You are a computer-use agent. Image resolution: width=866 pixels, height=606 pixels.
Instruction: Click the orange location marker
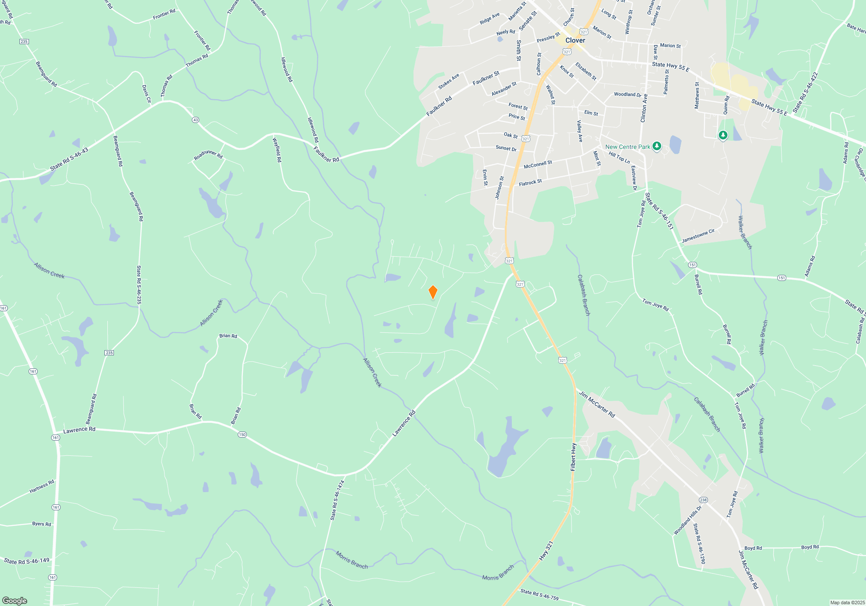click(x=433, y=292)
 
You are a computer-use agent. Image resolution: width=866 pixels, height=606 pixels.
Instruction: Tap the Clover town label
click(x=575, y=40)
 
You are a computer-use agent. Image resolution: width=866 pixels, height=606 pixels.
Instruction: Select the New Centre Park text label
click(x=627, y=147)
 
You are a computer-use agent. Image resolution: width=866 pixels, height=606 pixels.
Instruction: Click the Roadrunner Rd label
click(x=208, y=155)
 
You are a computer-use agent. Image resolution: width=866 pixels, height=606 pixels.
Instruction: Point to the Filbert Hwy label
click(x=573, y=457)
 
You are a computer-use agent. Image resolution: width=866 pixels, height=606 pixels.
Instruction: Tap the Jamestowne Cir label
click(x=698, y=236)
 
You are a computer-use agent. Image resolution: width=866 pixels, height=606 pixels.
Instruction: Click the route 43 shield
click(x=195, y=120)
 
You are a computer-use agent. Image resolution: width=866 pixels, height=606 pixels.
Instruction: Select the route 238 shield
click(x=703, y=500)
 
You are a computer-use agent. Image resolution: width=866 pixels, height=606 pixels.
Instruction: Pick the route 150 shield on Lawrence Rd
click(x=242, y=435)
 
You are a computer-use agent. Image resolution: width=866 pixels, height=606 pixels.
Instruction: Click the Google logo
click(x=15, y=600)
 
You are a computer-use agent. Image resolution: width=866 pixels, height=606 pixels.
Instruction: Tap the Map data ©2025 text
click(x=847, y=603)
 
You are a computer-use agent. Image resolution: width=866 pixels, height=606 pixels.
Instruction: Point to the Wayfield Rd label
click(x=277, y=150)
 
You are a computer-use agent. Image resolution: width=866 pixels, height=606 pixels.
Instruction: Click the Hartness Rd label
click(x=42, y=487)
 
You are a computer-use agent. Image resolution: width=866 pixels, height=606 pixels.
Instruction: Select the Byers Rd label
click(x=42, y=524)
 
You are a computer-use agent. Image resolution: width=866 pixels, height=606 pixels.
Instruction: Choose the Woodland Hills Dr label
click(x=688, y=520)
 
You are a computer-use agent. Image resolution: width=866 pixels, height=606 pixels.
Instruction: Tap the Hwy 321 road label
click(x=546, y=551)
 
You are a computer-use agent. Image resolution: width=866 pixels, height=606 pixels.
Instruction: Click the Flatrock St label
click(x=530, y=183)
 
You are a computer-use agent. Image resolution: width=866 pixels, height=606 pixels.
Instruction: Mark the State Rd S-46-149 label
click(x=27, y=561)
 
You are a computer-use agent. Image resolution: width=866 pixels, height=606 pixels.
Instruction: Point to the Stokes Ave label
click(x=449, y=81)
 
